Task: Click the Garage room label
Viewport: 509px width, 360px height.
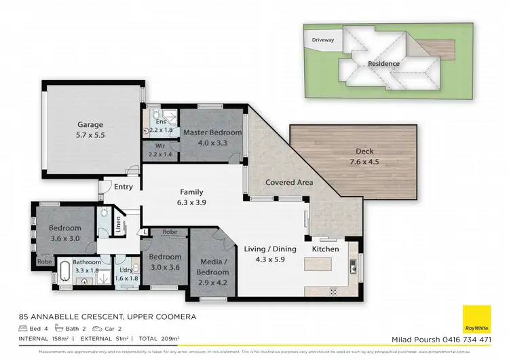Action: (90, 124)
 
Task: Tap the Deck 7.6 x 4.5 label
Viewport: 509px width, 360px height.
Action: (364, 151)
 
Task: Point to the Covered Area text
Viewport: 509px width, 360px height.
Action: (288, 182)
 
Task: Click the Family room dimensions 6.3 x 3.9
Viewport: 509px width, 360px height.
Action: (191, 202)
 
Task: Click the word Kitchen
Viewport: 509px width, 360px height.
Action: (325, 250)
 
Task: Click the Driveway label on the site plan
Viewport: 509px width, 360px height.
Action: (323, 40)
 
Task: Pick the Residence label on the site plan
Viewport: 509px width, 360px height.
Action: (383, 64)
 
